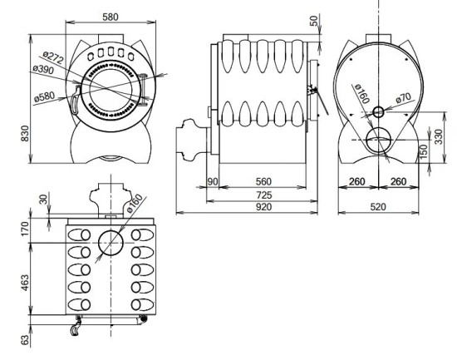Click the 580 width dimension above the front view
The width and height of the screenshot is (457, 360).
(x=110, y=17)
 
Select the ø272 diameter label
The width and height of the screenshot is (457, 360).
(x=53, y=58)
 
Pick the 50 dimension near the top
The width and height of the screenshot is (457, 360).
(x=313, y=21)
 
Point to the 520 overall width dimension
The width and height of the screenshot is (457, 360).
(x=379, y=206)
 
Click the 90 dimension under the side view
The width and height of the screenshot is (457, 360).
(x=212, y=181)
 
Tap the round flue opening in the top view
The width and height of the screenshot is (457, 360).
(x=110, y=243)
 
